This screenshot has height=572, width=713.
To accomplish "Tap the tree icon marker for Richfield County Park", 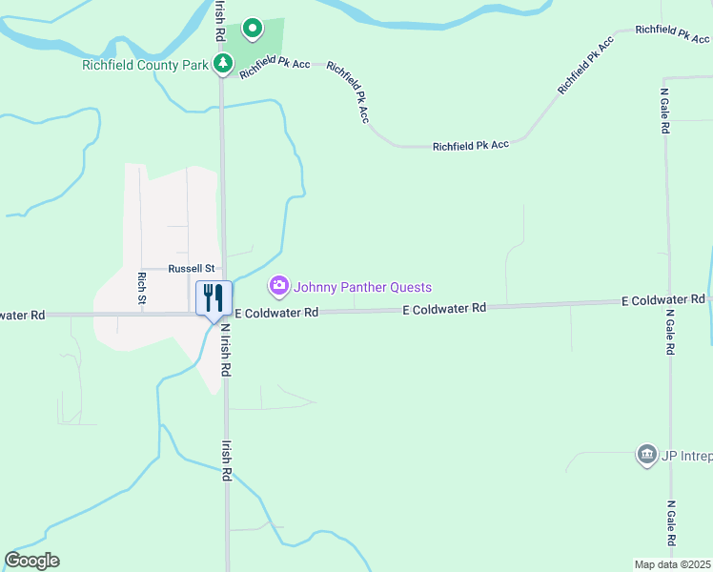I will [x=223, y=64].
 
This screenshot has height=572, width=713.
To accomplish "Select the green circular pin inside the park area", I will [x=252, y=30].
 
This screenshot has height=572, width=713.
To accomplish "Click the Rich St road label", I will [x=141, y=288].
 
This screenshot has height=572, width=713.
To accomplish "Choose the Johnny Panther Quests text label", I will [x=362, y=287].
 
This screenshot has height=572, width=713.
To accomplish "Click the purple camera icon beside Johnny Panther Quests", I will [x=279, y=285].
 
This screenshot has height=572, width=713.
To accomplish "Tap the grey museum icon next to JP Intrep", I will [x=647, y=454].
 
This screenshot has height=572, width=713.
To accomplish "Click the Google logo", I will [x=31, y=561].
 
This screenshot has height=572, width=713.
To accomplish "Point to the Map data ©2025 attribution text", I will [x=672, y=564].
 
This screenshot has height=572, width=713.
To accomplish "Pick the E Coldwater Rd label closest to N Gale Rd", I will [x=662, y=300].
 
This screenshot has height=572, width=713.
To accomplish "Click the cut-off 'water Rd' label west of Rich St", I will [x=23, y=315].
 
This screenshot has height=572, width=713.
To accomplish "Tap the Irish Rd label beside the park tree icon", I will [x=220, y=19].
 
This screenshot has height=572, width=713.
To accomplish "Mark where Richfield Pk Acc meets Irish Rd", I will [x=222, y=77].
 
